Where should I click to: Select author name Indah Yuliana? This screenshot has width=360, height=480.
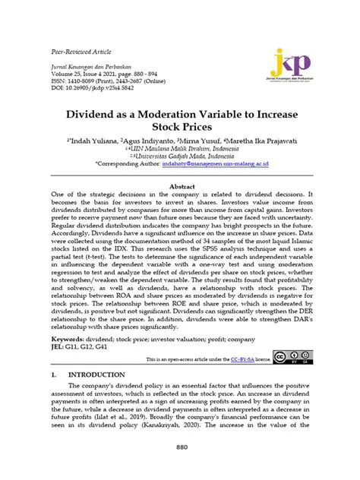click(90, 141)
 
